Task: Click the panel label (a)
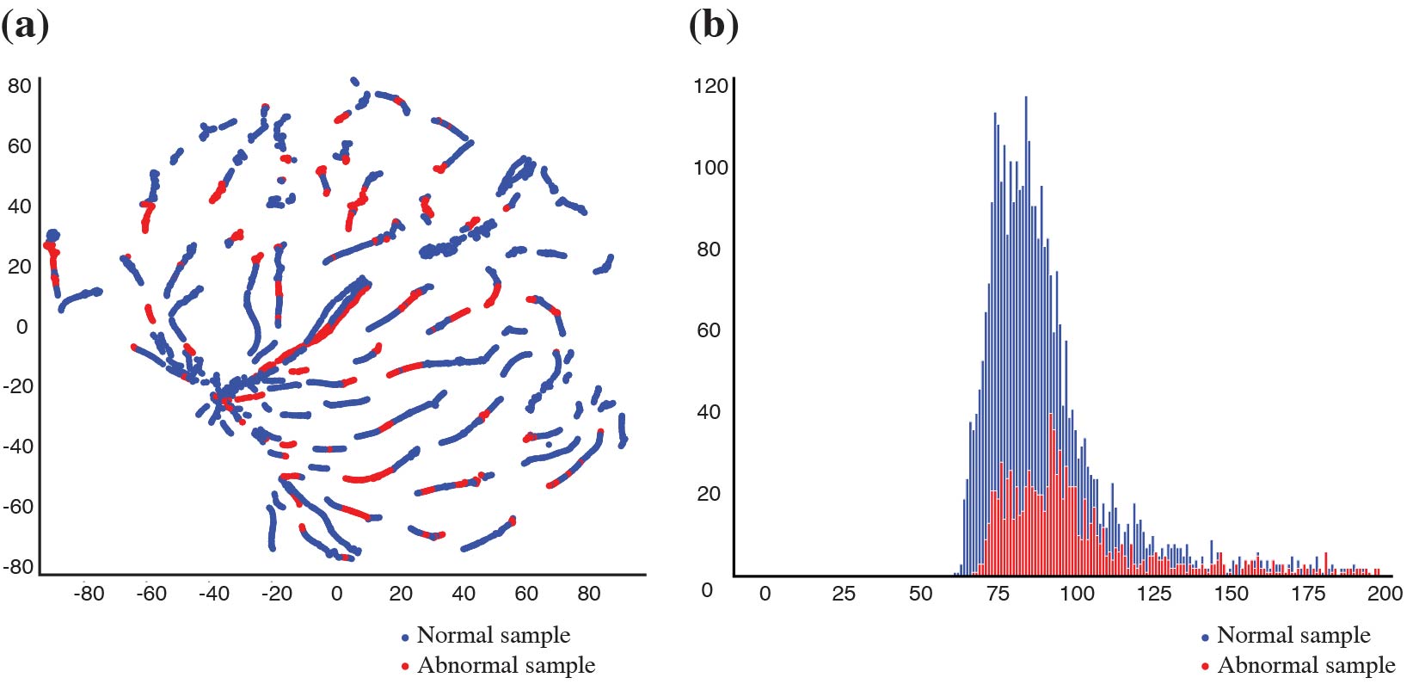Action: [x=24, y=26]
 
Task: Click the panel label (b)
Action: [x=713, y=26]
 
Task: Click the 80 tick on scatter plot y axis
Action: [x=19, y=85]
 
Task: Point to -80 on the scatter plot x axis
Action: [x=89, y=593]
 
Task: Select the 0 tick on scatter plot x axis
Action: [x=336, y=593]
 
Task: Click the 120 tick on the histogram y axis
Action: [x=710, y=86]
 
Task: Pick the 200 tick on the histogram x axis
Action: [x=1385, y=593]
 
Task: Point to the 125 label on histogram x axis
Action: [x=1153, y=593]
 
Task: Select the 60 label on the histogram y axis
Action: [x=708, y=330]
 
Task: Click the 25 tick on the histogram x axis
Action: [x=843, y=593]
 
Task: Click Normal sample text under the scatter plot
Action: [x=493, y=635]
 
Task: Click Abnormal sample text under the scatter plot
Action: [x=506, y=665]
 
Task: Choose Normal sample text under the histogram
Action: [x=1293, y=635]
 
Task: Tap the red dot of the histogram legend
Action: [x=1205, y=667]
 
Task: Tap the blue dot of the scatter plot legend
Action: [x=405, y=638]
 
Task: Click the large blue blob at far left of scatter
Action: [x=52, y=235]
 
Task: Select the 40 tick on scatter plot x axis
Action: [x=464, y=593]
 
